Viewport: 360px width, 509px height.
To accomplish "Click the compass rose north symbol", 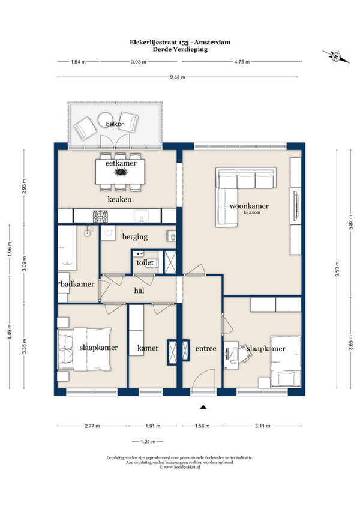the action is coord(336,57).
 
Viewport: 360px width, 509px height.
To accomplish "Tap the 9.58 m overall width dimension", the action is coord(178,77).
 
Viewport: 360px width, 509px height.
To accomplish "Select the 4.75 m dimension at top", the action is coord(242,62).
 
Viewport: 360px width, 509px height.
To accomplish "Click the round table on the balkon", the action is coord(106,119).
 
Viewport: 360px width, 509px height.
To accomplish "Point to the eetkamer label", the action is coord(121,163).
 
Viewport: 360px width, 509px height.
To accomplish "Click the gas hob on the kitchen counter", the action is coord(100,216).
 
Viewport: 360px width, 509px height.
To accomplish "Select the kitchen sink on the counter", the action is coord(141,216).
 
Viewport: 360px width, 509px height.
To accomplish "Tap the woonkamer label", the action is coord(249,206).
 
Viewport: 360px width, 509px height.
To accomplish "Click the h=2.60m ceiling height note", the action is coord(252,212).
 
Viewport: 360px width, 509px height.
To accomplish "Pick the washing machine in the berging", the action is coord(108,233).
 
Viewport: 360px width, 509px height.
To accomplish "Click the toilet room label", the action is coord(145,262).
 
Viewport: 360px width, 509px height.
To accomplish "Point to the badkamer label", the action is coord(77,284).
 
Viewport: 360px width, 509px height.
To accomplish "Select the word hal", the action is coord(139,291).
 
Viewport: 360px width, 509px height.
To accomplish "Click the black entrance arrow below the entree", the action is coord(203,407).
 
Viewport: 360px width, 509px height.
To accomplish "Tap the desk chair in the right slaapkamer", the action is coord(245,353).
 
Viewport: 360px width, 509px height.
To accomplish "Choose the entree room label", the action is coord(206,348).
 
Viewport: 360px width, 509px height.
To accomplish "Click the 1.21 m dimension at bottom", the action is coord(148,442).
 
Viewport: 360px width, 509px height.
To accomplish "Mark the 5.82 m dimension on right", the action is coord(350,222).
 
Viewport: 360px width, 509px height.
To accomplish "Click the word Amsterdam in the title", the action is coord(212,42).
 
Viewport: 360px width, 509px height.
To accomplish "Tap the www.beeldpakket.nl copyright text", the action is coord(179,467).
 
